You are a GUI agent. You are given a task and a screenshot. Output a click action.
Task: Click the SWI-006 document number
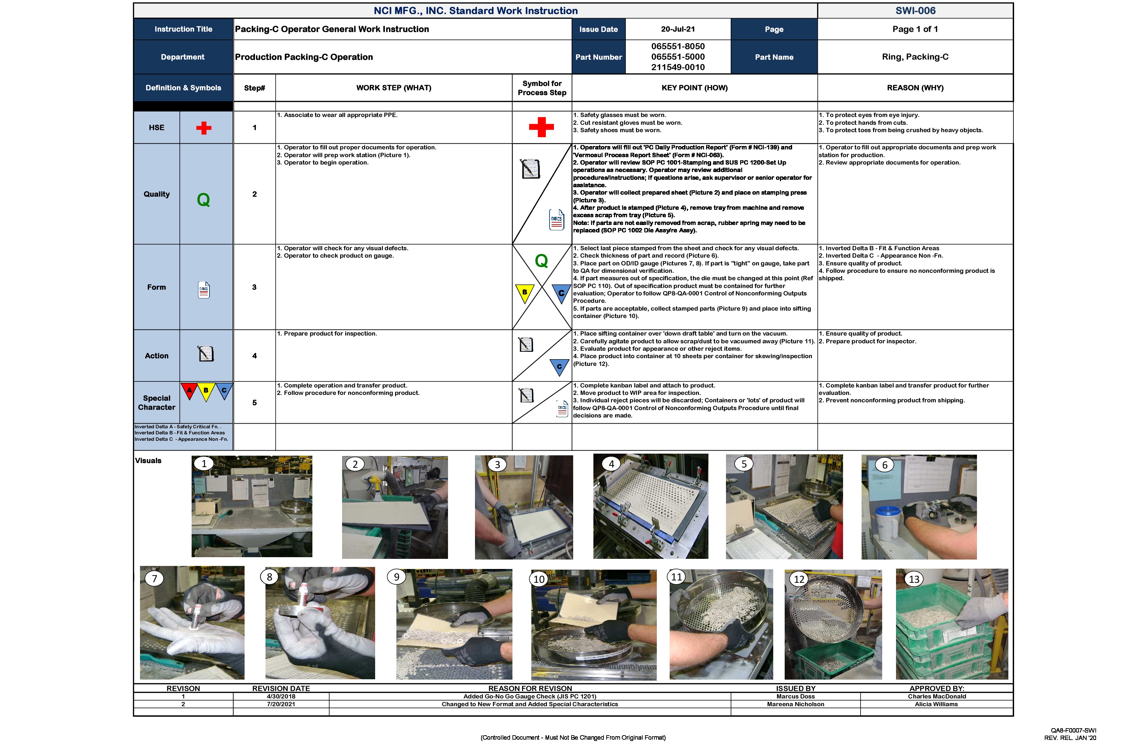coord(915,10)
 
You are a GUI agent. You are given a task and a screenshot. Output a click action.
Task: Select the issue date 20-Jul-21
coord(678,29)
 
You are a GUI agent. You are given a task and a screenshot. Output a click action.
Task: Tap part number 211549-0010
coord(678,67)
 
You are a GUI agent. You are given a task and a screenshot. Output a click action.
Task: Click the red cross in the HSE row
coord(204,128)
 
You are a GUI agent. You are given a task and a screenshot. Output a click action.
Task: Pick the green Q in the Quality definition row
coord(203,199)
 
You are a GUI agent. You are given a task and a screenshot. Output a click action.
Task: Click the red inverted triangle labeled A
coord(189,390)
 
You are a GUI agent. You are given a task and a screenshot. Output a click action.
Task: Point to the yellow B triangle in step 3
coord(524,292)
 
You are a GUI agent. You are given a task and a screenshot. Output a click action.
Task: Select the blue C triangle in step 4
coord(559,367)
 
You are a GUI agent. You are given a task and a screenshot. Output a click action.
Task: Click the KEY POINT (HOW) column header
coord(695,88)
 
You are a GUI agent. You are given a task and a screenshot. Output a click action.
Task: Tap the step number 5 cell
coord(254,403)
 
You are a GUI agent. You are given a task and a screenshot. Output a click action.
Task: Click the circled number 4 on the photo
coord(611,464)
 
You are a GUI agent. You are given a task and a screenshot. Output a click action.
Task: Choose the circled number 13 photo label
coord(914,579)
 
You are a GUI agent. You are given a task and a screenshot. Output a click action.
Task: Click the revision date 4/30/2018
coord(281,696)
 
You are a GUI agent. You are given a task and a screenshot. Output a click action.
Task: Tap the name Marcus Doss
coord(795,696)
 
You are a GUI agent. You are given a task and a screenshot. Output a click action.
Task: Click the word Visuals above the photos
coord(148,461)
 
